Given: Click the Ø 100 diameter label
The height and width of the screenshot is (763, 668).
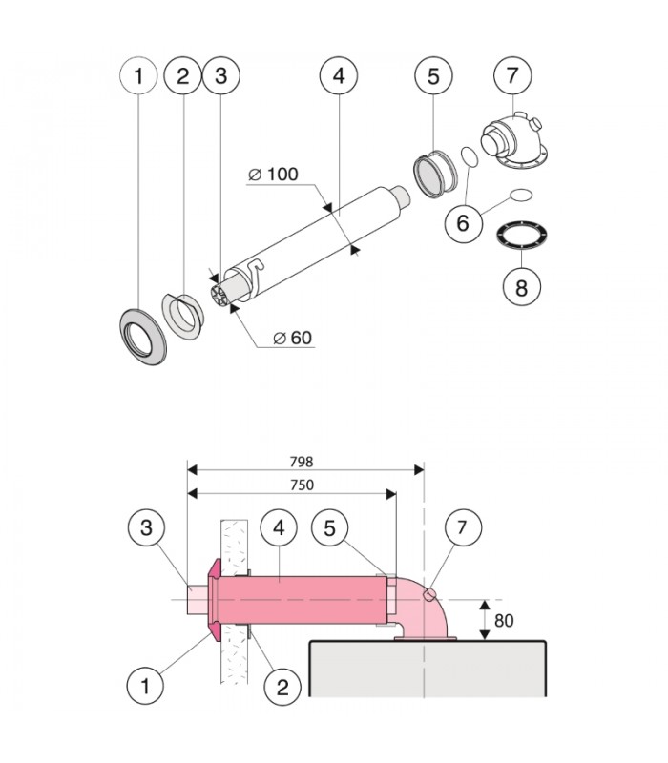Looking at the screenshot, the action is coord(273,174).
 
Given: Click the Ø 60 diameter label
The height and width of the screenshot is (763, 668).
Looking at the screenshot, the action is coord(293,338).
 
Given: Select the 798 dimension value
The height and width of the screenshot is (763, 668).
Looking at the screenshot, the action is coord(302,462).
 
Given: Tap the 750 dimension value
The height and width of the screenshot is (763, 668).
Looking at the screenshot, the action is coord(302,485).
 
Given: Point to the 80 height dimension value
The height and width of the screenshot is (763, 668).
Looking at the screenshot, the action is coord(504,621).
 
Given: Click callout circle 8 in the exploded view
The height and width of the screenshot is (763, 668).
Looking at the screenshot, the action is coord(521,287).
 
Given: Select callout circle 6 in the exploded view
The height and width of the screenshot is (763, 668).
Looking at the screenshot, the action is coord(464,223).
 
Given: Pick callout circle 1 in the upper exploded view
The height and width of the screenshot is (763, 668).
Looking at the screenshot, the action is coord(138,75).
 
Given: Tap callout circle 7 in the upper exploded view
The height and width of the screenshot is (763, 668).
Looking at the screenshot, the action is coord(512,75).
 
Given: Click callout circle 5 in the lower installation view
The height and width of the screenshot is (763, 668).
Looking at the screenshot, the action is coord(329,528).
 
